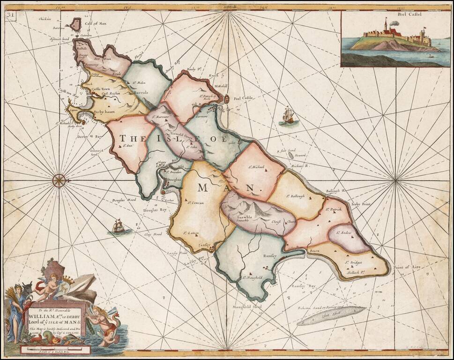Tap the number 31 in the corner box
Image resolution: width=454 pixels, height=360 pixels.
pos(10,15)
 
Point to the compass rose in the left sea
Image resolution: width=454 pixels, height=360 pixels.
pos(59,180)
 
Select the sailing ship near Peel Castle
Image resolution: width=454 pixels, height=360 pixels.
pos(288,115)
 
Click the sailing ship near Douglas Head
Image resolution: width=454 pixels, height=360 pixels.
pos(118,227)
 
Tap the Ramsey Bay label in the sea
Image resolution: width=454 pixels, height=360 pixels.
pos(304,285)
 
